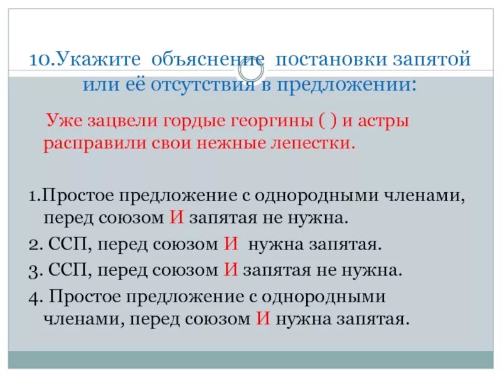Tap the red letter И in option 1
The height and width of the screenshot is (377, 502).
176,218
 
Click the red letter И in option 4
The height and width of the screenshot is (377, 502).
262,319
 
